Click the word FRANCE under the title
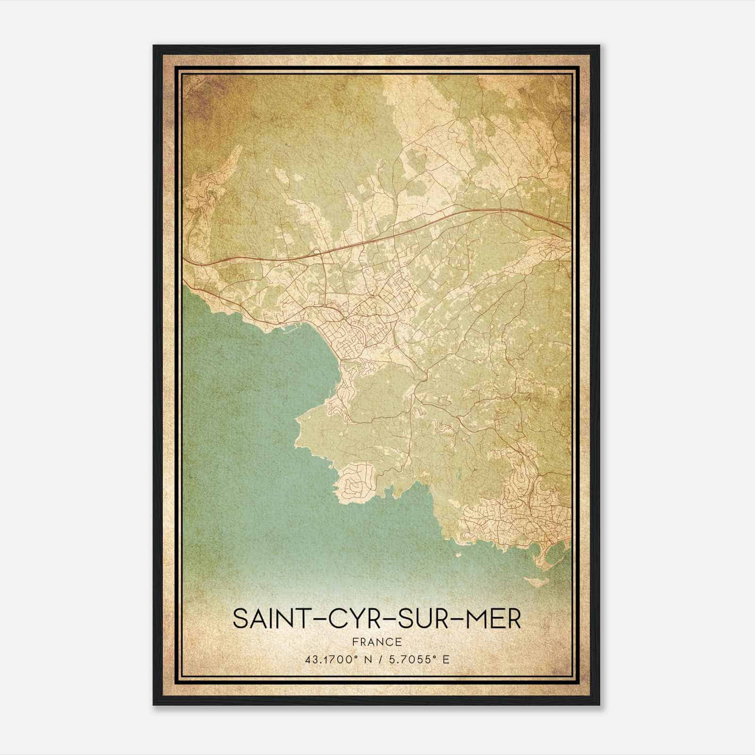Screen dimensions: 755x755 click(377, 642)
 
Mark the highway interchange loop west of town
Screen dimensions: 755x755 click(319, 252)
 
